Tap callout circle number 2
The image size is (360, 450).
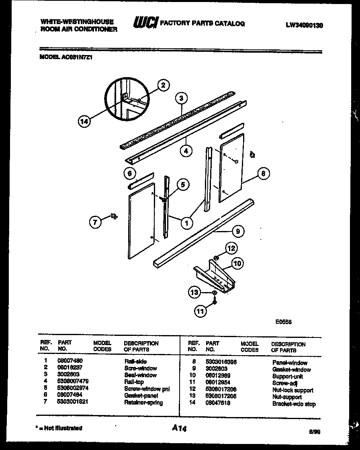pyautogui.click(x=162, y=85)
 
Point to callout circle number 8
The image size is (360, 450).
pyautogui.click(x=263, y=174)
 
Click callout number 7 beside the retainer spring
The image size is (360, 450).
pyautogui.click(x=95, y=222)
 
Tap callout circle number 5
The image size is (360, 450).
pyautogui.click(x=182, y=184)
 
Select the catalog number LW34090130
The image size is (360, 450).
pyautogui.click(x=304, y=25)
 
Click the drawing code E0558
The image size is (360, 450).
pyautogui.click(x=283, y=321)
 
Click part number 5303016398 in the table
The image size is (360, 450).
pyautogui.click(x=221, y=362)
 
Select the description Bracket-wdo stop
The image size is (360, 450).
pyautogui.click(x=294, y=404)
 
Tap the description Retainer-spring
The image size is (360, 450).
pyautogui.click(x=143, y=402)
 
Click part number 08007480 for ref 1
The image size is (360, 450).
pyautogui.click(x=70, y=361)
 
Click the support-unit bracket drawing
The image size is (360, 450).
pyautogui.click(x=214, y=276)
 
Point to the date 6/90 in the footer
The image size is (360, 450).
pyautogui.click(x=315, y=432)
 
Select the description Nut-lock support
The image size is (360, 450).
pyautogui.click(x=292, y=390)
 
